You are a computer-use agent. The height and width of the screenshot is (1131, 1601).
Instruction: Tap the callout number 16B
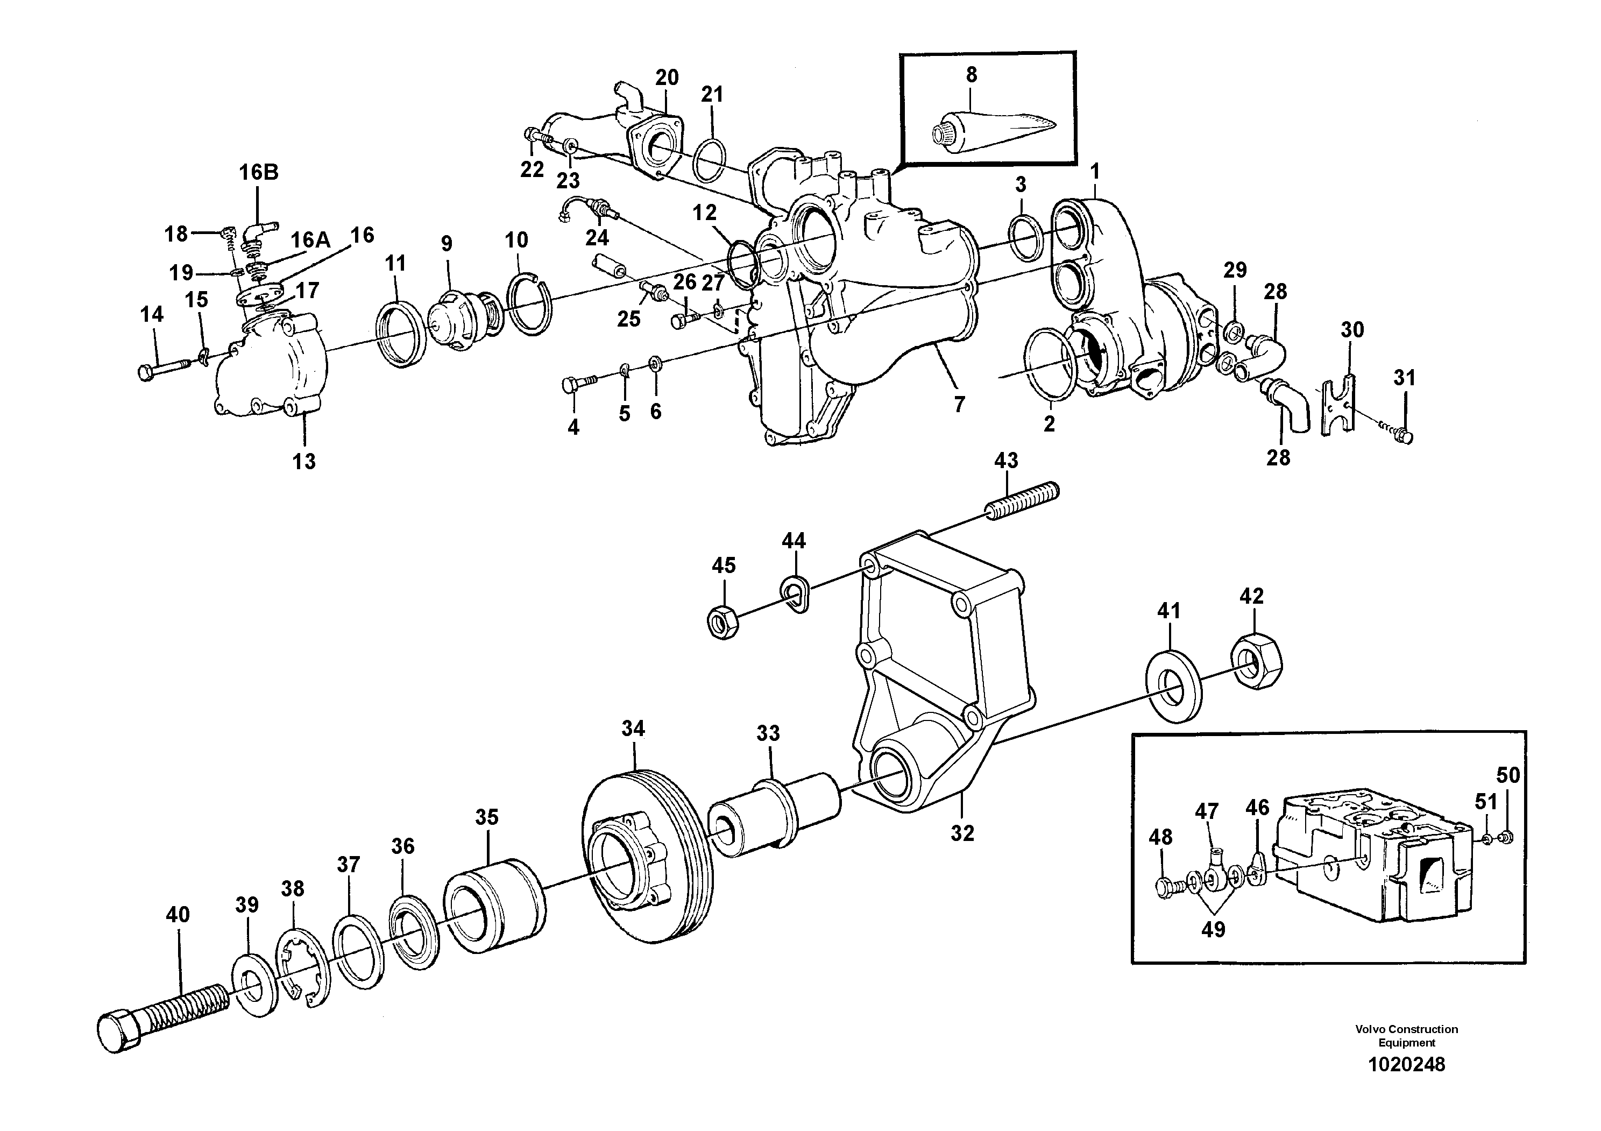[259, 172]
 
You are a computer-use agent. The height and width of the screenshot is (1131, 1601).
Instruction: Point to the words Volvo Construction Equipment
[1406, 1035]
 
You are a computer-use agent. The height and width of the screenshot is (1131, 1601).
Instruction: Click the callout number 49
[1213, 929]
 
